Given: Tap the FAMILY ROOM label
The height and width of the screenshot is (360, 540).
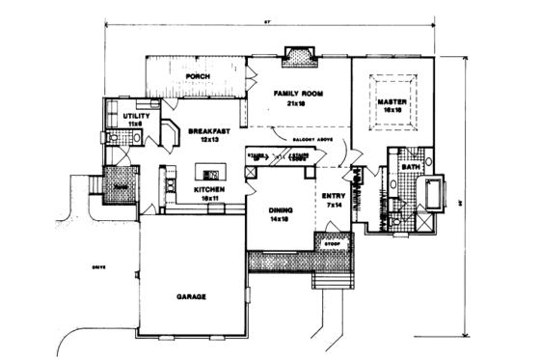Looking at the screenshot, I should coord(296,94).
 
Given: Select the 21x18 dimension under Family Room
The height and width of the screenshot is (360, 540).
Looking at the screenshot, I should coord(295,103).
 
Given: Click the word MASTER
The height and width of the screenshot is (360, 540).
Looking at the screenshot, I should coord(391,100).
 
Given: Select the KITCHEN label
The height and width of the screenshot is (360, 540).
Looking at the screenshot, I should coord(209,190).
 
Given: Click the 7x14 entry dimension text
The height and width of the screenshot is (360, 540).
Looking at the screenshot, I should coord(332,206).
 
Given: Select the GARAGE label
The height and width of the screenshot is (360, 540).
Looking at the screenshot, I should coord(192,296).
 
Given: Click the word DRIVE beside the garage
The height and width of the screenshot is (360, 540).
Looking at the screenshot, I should coord(97,265).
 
